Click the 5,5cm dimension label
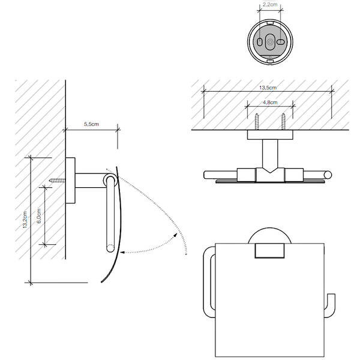click(x=91, y=124)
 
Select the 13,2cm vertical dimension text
click(x=25, y=220)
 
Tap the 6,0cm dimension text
click(x=39, y=216)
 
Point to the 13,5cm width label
click(x=268, y=88)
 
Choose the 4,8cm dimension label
click(x=270, y=103)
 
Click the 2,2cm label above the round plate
click(x=270, y=4)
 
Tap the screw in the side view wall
click(x=57, y=181)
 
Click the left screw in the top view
click(x=257, y=122)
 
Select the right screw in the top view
click(x=283, y=122)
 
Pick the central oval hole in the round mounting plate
click(x=270, y=42)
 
